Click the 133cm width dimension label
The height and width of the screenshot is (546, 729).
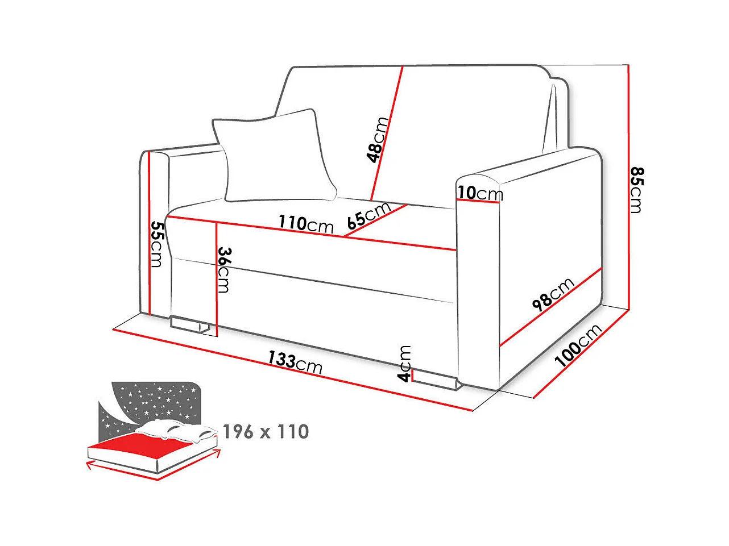(x=295, y=362)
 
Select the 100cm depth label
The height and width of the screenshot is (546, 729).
(x=578, y=345)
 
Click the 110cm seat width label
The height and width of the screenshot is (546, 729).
(x=306, y=224)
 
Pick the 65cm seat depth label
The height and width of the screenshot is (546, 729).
(x=369, y=215)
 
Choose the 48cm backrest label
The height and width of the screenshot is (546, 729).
(x=378, y=140)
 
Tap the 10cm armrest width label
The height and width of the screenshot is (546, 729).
(x=481, y=193)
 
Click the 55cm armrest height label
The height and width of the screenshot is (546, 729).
(x=157, y=244)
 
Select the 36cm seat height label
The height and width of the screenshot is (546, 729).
(x=223, y=270)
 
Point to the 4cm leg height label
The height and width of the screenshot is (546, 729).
(x=404, y=363)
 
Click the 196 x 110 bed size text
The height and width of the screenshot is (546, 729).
(x=266, y=432)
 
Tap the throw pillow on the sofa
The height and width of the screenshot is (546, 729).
(x=274, y=156)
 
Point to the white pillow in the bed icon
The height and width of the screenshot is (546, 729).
(x=176, y=430)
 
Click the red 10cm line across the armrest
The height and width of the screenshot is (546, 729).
(x=478, y=201)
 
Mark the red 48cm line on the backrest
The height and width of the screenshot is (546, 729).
(x=387, y=134)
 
